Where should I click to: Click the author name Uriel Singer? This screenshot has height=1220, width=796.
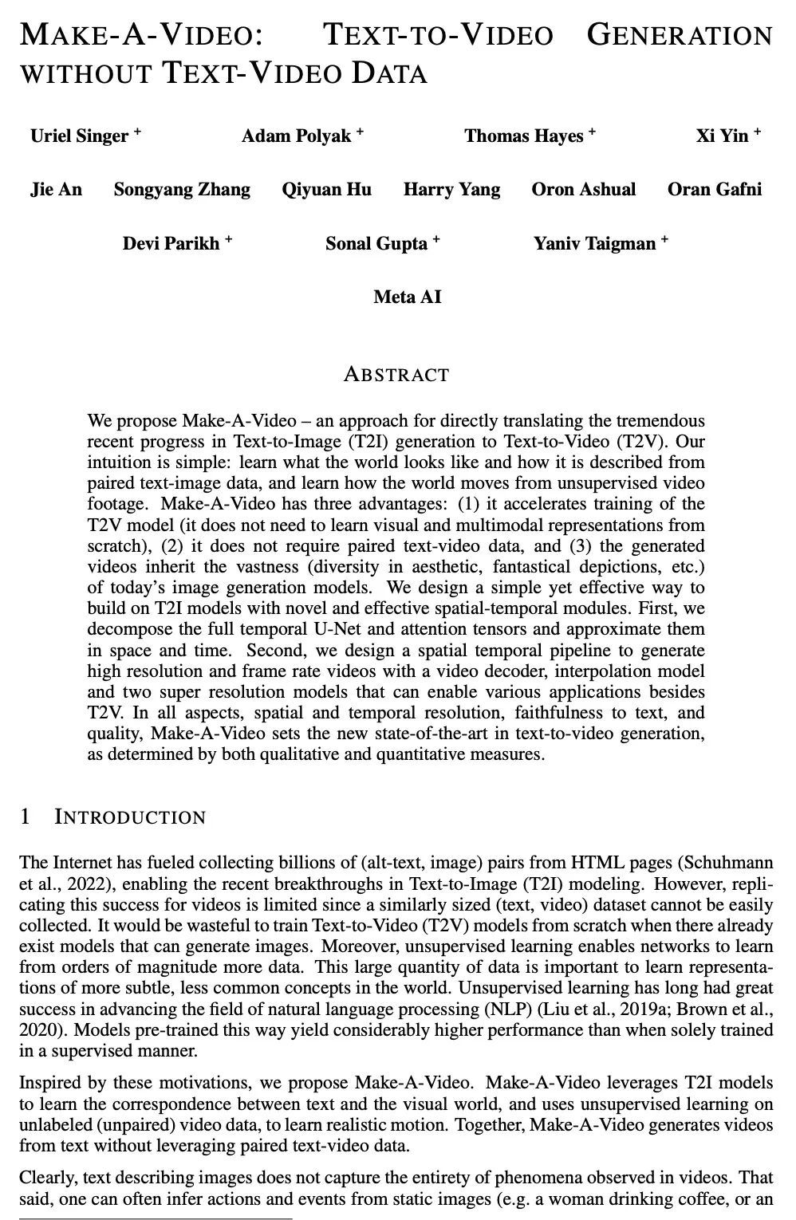click(x=79, y=136)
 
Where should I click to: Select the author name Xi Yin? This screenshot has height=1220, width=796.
click(x=722, y=136)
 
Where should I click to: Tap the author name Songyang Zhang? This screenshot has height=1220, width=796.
click(x=182, y=190)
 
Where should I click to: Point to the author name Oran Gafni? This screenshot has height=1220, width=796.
click(x=715, y=190)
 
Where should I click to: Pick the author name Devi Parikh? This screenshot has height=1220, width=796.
click(x=171, y=243)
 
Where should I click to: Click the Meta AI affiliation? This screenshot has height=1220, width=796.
click(x=407, y=297)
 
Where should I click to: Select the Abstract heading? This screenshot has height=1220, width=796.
click(x=396, y=375)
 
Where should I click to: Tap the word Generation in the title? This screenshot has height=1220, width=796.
click(x=679, y=36)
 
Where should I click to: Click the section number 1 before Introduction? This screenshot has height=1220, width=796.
click(x=26, y=817)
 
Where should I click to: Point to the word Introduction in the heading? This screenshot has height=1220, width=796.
click(x=130, y=817)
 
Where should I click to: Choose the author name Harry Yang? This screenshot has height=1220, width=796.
click(x=451, y=190)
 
